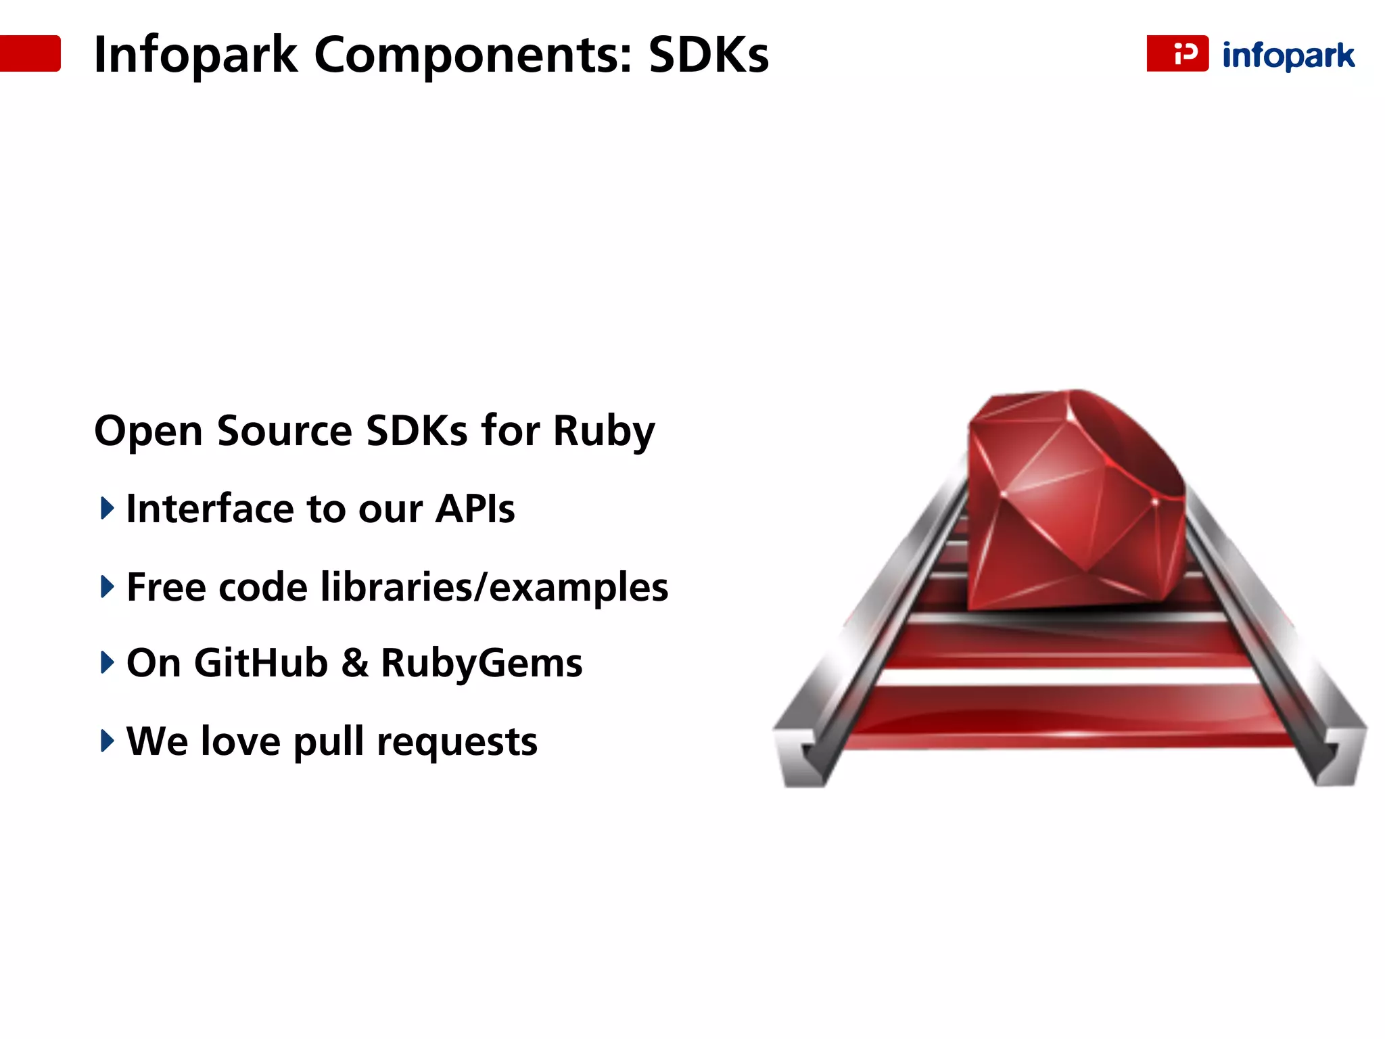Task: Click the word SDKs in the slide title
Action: click(x=708, y=55)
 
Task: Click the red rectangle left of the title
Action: click(x=30, y=53)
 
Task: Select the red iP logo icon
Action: click(x=1177, y=53)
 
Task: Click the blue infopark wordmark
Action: click(x=1288, y=55)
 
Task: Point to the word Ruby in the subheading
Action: click(x=604, y=432)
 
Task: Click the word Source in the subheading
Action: click(x=284, y=430)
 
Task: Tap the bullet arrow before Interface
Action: click(x=107, y=508)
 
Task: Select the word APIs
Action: click(x=475, y=509)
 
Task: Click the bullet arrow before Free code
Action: click(x=107, y=586)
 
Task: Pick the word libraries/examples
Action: click(x=494, y=587)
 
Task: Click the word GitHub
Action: click(x=261, y=663)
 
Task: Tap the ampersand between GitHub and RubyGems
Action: click(x=355, y=663)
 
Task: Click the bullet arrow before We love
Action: click(x=107, y=741)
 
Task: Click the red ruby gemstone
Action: click(x=1075, y=501)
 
